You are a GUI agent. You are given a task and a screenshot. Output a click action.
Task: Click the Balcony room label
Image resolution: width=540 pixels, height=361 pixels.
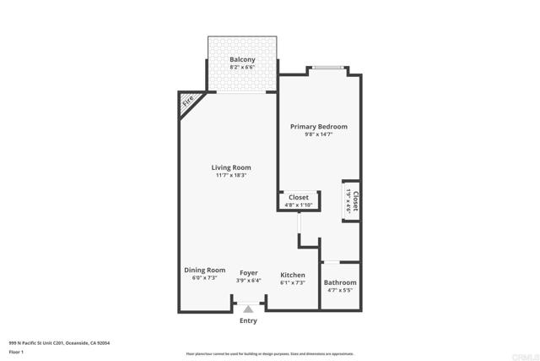242,59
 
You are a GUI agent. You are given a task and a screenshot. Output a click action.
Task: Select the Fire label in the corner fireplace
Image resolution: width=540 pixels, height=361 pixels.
187,101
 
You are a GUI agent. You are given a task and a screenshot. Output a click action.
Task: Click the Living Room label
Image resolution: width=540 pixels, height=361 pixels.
230,167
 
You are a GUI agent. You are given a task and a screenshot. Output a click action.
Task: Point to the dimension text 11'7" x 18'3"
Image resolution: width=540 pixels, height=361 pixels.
230,176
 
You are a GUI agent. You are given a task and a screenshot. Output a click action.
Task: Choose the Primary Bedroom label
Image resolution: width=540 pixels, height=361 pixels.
318,127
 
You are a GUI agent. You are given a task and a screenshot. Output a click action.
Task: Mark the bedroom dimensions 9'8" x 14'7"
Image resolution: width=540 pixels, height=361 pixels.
318,135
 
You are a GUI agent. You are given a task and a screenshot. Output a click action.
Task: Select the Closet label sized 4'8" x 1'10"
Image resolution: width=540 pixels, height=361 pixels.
298,197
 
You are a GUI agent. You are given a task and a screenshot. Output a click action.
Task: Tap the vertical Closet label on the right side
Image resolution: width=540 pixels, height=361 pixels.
356,200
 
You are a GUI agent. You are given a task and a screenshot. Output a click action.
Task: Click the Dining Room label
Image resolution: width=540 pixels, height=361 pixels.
204,271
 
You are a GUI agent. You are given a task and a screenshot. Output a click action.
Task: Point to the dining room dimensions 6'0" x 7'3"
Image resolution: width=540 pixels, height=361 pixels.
204,279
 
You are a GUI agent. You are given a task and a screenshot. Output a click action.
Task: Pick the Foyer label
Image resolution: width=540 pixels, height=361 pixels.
248,273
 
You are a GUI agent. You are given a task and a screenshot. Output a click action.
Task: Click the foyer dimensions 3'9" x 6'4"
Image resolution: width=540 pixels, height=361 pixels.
248,281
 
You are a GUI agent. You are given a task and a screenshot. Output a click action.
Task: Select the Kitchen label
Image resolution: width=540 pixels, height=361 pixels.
292,275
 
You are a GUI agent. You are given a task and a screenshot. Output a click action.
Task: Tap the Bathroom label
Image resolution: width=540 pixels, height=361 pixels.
341,282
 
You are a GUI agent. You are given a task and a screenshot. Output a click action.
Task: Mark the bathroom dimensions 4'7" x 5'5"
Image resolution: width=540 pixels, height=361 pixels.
341,291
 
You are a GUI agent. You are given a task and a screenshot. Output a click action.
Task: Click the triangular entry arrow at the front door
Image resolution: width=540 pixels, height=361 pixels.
248,309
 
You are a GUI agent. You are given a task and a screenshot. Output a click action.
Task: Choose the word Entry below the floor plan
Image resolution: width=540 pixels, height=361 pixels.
248,321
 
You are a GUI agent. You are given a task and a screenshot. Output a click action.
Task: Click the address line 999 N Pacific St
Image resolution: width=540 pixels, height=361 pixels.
59,343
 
